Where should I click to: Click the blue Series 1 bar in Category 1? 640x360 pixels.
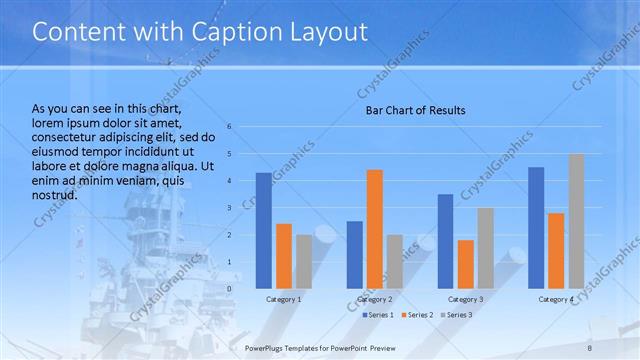264,231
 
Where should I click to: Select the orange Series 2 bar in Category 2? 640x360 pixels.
375,229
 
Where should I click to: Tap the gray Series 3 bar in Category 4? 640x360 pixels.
576,221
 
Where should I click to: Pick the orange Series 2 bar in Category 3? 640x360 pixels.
466,264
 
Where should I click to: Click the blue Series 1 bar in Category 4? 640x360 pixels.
536,228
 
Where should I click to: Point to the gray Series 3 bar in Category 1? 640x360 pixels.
304,262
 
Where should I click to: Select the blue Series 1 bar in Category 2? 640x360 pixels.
355,255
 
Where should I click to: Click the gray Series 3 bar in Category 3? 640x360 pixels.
486,248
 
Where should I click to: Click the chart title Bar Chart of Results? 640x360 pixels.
414,110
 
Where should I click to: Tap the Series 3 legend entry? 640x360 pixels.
456,315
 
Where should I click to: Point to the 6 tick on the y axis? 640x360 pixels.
230,127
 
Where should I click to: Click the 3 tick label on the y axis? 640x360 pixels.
230,208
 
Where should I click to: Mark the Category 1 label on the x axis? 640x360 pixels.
284,299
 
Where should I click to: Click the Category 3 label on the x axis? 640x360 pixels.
466,299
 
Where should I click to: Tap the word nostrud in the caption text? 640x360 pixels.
56,195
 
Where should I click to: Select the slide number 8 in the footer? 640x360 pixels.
590,347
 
